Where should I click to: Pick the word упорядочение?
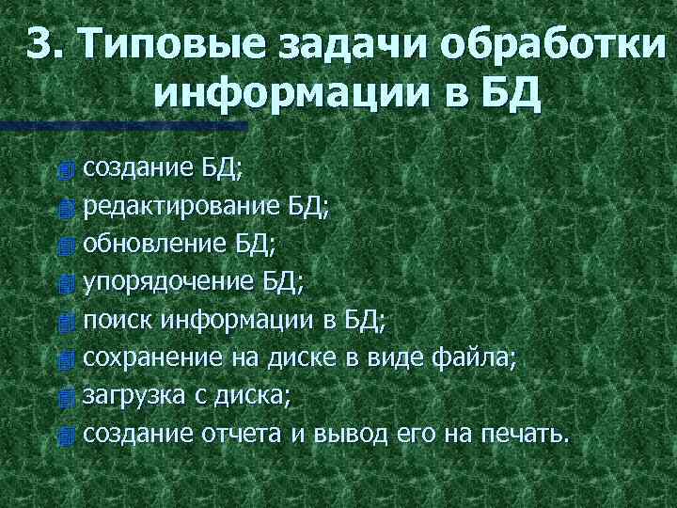(167, 282)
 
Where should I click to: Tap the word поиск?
(118, 320)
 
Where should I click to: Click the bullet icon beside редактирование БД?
(64, 208)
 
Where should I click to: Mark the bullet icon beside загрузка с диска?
(64, 398)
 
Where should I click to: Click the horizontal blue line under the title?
(123, 125)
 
